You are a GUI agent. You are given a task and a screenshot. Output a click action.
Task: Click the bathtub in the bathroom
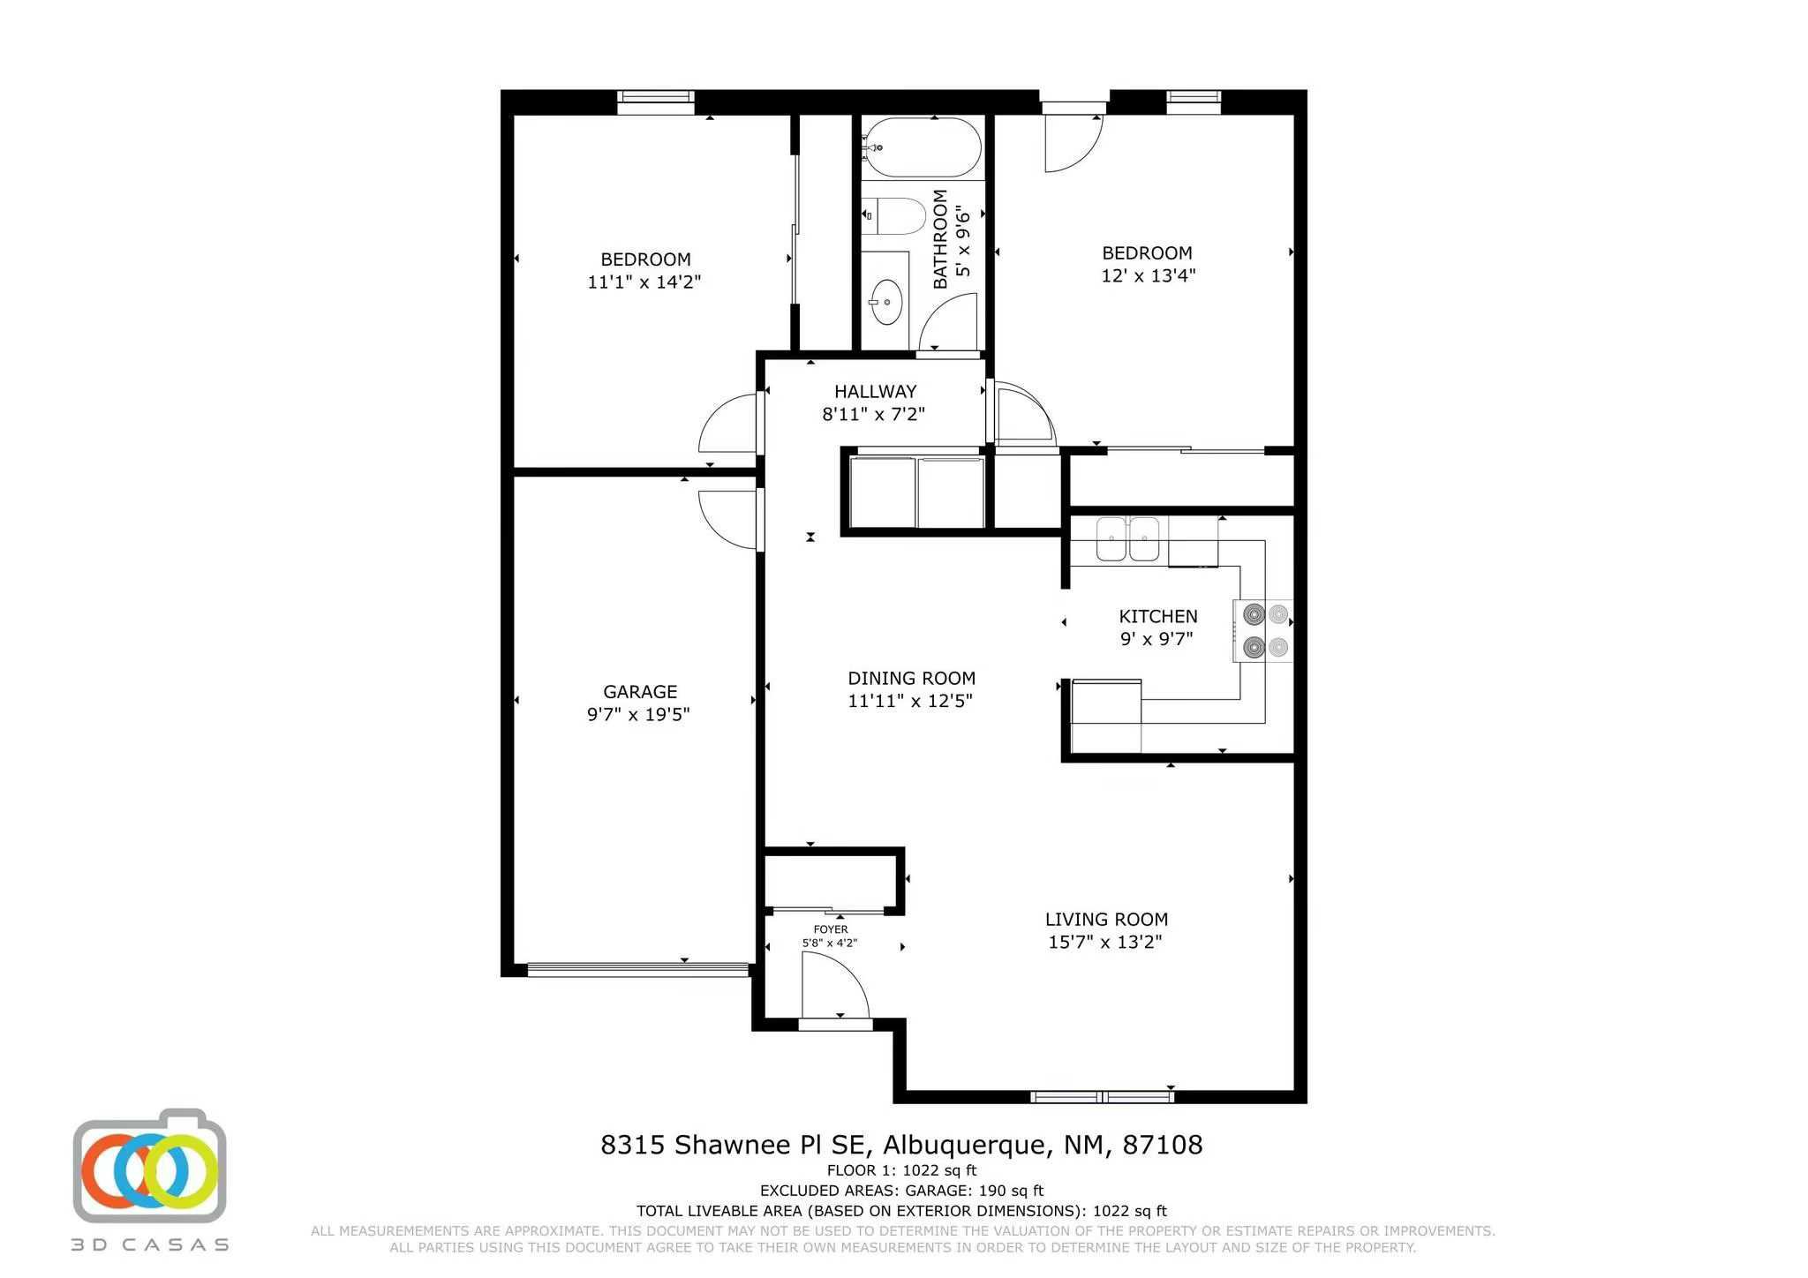923,147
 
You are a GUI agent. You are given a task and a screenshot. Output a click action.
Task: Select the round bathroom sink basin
885,303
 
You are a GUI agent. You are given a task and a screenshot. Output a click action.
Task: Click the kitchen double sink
1127,538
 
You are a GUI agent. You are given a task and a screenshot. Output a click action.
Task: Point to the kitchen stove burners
1265,631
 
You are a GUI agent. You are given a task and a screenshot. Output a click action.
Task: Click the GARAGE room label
640,692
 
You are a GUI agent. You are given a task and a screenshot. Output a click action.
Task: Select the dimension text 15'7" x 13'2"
1104,942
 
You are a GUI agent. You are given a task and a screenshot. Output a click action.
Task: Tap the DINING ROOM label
911,678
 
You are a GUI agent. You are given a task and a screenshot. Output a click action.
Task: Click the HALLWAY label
875,391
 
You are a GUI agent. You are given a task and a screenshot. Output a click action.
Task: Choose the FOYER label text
830,929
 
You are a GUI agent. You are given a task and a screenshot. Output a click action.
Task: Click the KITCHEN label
1157,616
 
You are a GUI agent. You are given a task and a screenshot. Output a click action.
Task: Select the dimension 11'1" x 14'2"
644,282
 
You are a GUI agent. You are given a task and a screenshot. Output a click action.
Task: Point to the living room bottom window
1102,1097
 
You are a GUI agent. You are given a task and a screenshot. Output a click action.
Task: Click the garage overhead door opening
637,969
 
